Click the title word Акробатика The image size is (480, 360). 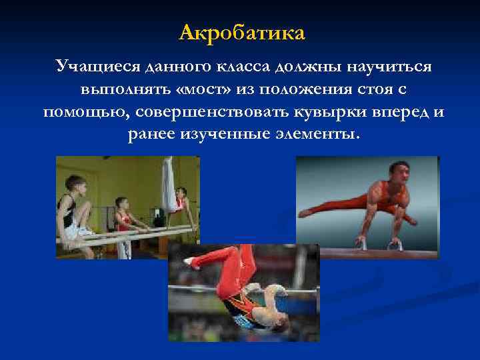(x=242, y=32)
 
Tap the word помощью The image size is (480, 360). (x=76, y=111)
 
